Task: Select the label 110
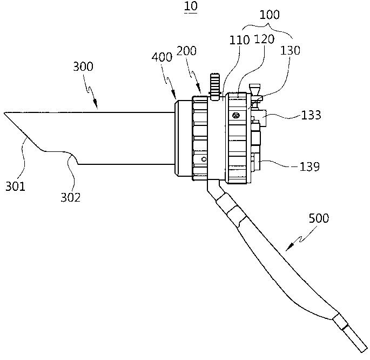pyautogui.click(x=239, y=40)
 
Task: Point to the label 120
pyautogui.click(x=264, y=39)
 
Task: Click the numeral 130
pyautogui.click(x=290, y=50)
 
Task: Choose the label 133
pyautogui.click(x=311, y=115)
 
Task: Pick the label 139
pyautogui.click(x=309, y=166)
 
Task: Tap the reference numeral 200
pyautogui.click(x=186, y=51)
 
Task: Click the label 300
pyautogui.click(x=83, y=67)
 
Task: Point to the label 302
pyautogui.click(x=70, y=197)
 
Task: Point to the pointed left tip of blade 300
pyautogui.click(x=4, y=112)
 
